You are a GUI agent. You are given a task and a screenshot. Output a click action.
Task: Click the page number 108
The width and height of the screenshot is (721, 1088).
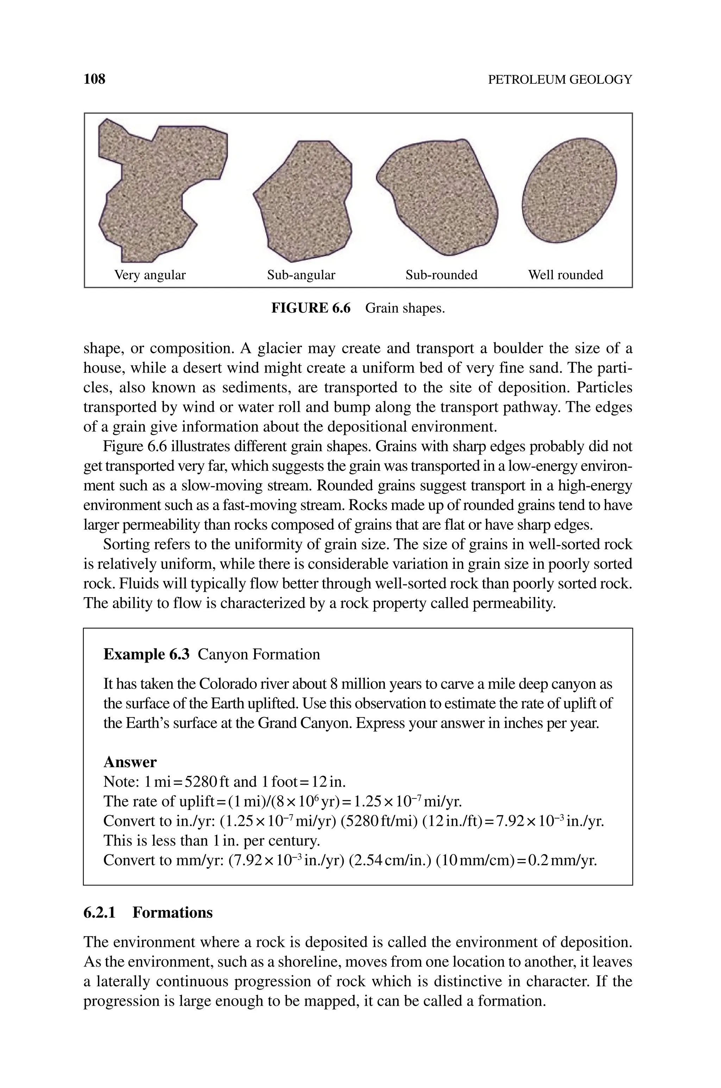[x=94, y=79]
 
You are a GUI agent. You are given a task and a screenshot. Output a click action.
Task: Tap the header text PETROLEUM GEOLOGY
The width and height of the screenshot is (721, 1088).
[x=560, y=80]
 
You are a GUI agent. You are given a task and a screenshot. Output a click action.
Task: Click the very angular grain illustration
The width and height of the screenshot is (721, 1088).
[x=156, y=188]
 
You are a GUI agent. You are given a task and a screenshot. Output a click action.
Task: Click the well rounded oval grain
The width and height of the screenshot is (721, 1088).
[x=569, y=189]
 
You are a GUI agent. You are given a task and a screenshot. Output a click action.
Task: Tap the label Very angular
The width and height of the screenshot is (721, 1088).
[x=150, y=275]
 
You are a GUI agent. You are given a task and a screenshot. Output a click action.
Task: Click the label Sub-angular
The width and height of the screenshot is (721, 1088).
[x=301, y=275]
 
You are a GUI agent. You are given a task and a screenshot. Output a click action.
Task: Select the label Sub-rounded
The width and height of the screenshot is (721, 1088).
[x=441, y=275]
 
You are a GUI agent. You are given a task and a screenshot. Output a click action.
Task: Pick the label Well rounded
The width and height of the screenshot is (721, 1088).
[x=565, y=275]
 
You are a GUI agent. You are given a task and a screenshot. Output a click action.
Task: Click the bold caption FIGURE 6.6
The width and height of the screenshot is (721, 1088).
[x=311, y=308]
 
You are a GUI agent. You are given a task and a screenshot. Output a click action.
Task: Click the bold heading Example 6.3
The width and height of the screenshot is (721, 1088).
[x=146, y=654]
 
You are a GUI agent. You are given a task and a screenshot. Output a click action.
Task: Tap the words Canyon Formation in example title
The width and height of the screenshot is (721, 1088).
[x=259, y=654]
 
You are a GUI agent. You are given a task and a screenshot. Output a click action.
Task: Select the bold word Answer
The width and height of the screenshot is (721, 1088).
[x=130, y=762]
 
